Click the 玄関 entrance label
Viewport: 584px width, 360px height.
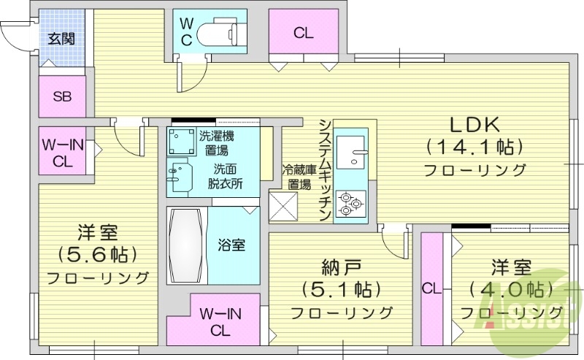pos(61,39)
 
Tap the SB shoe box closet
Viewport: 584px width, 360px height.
pos(61,97)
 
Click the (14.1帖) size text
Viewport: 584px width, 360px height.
pos(474,147)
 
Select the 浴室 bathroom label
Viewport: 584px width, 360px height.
pos(231,245)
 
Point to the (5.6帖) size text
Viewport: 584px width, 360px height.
pos(98,255)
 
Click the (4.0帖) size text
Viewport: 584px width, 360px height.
pos(510,289)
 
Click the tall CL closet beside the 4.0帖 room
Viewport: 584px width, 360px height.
pos(431,288)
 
